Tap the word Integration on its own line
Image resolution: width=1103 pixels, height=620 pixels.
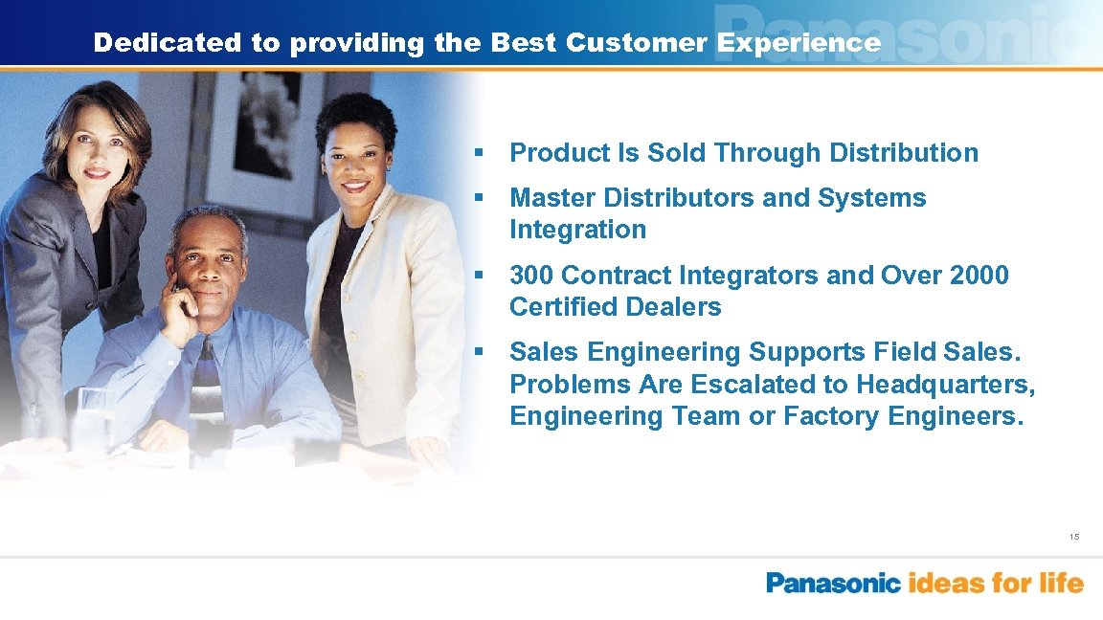[x=577, y=230]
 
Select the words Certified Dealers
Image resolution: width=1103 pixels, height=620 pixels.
[x=615, y=307]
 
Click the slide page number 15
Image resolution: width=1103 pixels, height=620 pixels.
[x=1074, y=538]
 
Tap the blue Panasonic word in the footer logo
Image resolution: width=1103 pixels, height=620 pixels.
[x=833, y=583]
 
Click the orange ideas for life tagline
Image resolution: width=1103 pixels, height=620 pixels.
[x=996, y=583]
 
